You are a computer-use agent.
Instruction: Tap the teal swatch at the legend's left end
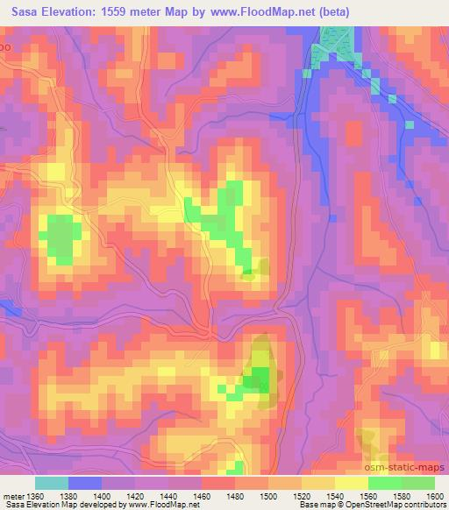pyautogui.click(x=52, y=483)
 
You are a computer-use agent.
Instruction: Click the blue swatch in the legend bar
pyautogui.click(x=85, y=483)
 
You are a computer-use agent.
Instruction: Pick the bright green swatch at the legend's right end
pyautogui.click(x=417, y=483)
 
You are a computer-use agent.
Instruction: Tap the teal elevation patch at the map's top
pyautogui.click(x=338, y=39)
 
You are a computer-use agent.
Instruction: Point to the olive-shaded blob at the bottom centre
pyautogui.click(x=260, y=368)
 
